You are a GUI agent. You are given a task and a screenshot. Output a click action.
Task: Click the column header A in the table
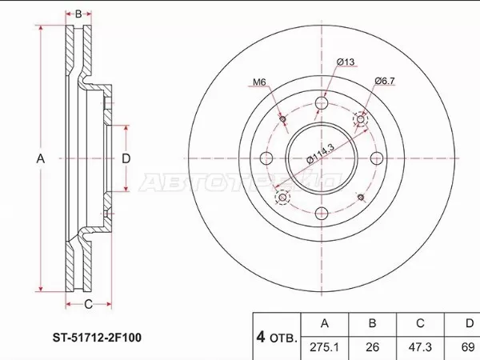[324, 323]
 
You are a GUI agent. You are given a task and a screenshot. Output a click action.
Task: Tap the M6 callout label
[259, 82]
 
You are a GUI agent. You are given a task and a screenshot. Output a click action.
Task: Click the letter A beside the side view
[40, 159]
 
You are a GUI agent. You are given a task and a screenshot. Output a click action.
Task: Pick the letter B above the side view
[79, 14]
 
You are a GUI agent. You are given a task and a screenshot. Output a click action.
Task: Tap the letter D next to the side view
[126, 158]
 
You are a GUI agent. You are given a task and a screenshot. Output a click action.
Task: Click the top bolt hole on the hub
[322, 104]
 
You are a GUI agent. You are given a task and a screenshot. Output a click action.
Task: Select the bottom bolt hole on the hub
[322, 213]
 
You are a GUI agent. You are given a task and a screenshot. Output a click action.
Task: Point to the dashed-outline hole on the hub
[282, 197]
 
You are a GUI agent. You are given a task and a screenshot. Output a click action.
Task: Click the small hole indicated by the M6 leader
[284, 120]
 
